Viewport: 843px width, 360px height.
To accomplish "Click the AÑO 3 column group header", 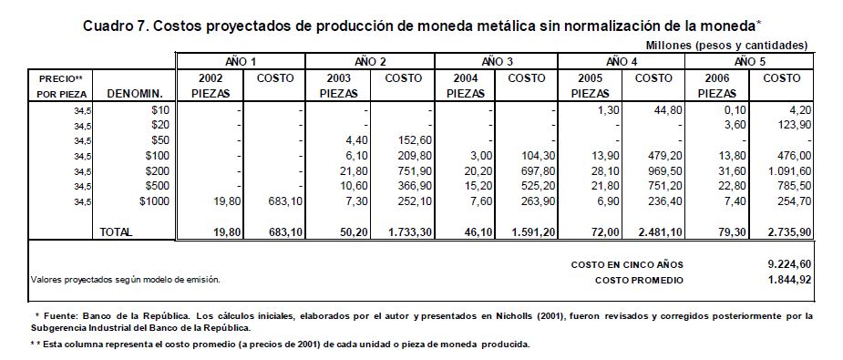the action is pyautogui.click(x=496, y=61).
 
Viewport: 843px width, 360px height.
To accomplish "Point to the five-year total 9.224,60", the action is pyautogui.click(x=789, y=263).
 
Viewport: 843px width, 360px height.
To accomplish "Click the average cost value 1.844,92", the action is pyautogui.click(x=789, y=280).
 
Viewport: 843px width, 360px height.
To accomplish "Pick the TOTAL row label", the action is pyautogui.click(x=116, y=232).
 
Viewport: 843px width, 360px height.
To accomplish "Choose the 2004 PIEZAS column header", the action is pyautogui.click(x=465, y=86).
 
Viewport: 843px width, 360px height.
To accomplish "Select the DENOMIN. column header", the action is pyautogui.click(x=135, y=94).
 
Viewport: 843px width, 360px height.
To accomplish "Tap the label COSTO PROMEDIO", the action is pyautogui.click(x=639, y=281).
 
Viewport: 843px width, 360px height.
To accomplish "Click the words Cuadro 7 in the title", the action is pyautogui.click(x=112, y=26).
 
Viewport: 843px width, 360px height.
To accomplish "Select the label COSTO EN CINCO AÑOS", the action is pyautogui.click(x=627, y=265).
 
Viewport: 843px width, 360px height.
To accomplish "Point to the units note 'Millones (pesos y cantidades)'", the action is pyautogui.click(x=727, y=46).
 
